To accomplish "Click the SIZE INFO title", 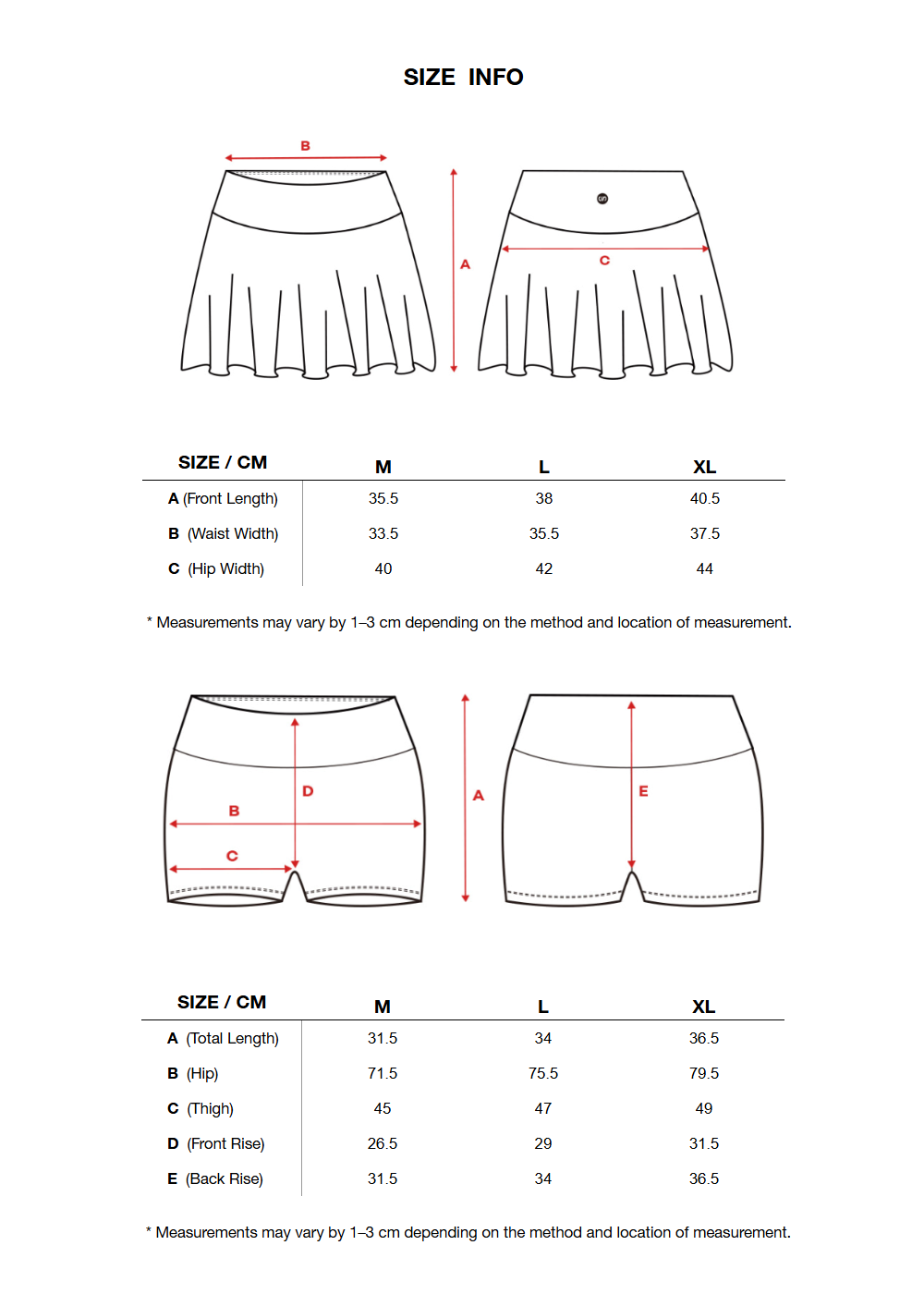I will click(463, 78).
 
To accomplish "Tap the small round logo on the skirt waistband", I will click(602, 199).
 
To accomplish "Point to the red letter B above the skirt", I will click(305, 146).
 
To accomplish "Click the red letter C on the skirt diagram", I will click(604, 261).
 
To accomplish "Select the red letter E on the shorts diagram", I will click(643, 791).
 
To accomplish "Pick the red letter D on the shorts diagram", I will click(308, 791).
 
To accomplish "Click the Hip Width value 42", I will click(543, 569).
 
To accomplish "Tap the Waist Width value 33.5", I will click(383, 534).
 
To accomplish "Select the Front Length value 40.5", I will click(704, 499).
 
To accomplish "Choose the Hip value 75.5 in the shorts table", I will click(542, 1074).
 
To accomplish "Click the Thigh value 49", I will click(703, 1109).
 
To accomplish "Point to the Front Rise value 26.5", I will click(382, 1144).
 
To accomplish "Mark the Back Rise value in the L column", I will click(542, 1179).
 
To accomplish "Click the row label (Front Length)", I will click(230, 499).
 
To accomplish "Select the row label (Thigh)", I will click(210, 1109).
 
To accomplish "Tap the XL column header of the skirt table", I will click(704, 468).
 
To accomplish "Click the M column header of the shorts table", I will click(382, 1007).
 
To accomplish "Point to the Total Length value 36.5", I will click(703, 1039).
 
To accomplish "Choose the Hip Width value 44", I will click(704, 569).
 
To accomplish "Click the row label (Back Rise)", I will click(224, 1179).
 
